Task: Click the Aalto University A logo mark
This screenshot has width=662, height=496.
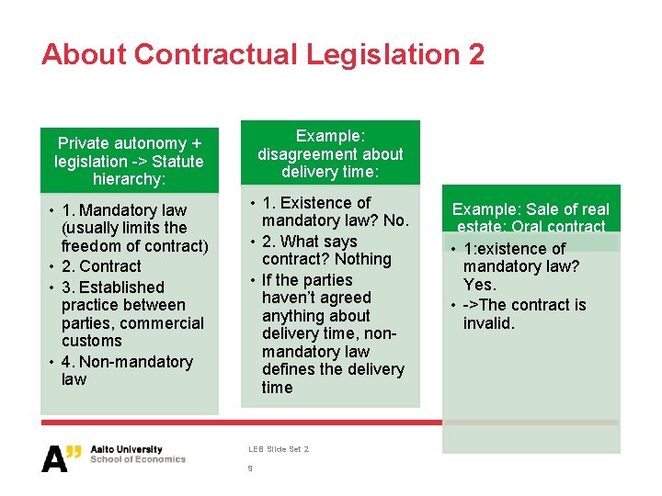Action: [62, 457]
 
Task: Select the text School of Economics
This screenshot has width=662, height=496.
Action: [137, 459]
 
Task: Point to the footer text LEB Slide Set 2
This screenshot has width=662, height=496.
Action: [278, 449]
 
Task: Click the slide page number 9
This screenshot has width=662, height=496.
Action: [249, 468]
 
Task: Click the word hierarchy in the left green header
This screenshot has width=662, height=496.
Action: [128, 179]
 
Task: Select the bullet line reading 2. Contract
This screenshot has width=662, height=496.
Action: [101, 266]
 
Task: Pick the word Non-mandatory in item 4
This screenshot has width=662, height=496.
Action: [136, 362]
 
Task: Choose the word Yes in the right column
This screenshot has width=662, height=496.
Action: [479, 285]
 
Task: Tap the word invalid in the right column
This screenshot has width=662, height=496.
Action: [489, 323]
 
